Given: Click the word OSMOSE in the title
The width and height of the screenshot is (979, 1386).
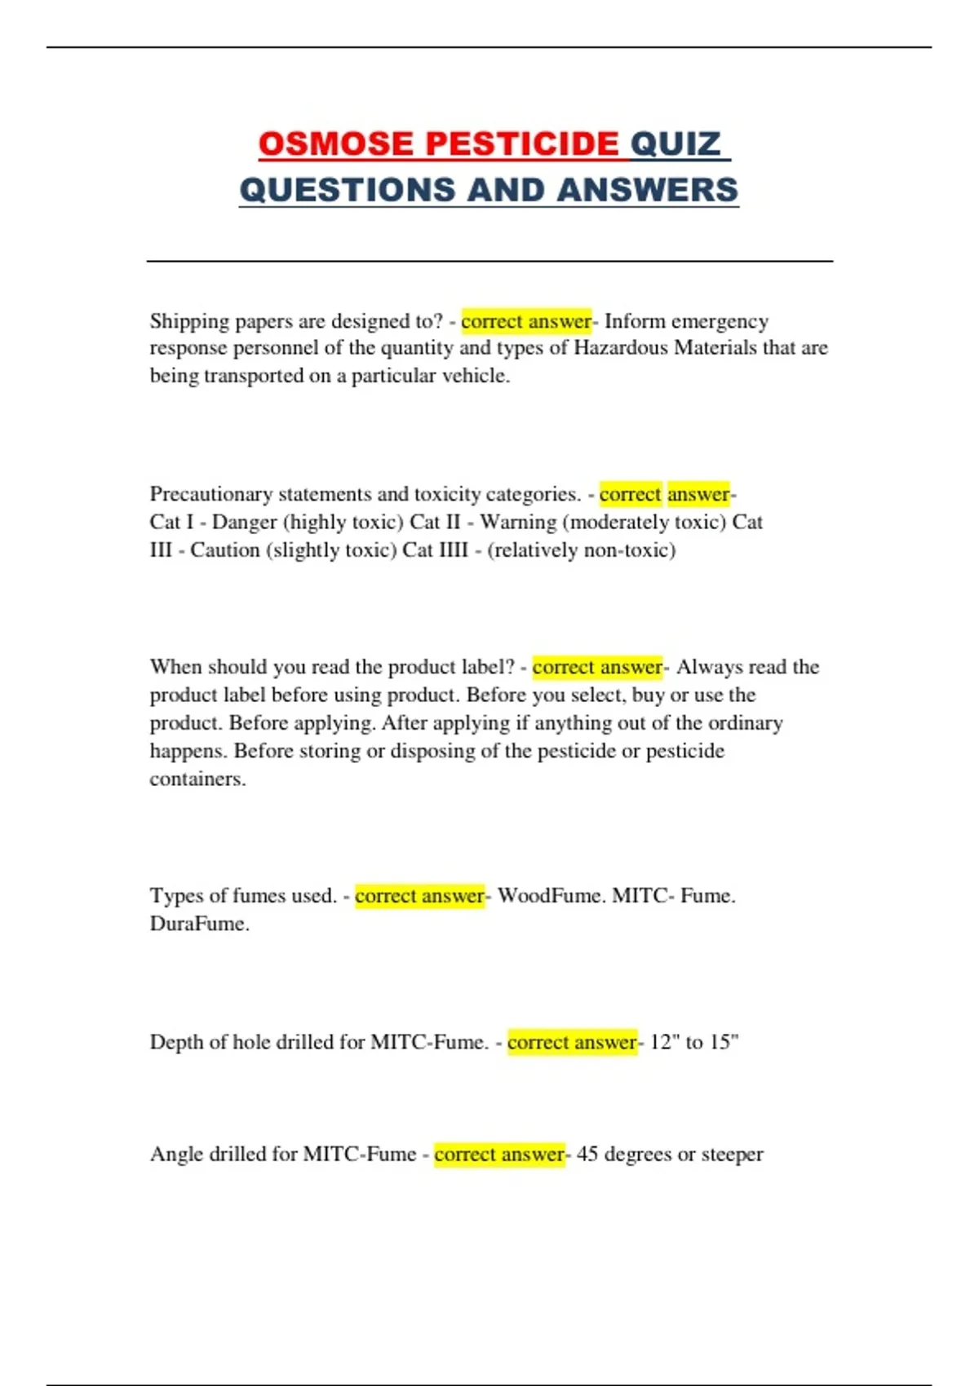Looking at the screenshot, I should (x=335, y=144).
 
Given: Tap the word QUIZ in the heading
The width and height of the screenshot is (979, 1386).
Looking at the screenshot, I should (x=676, y=144).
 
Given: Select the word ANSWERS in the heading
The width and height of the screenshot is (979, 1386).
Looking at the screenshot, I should (x=648, y=190).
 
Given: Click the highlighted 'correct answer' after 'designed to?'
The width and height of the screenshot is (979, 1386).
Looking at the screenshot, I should (x=526, y=321).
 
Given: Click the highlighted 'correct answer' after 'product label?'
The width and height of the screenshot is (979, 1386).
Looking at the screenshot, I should (x=597, y=667).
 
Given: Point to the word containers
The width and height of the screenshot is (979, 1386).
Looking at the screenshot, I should (x=197, y=779).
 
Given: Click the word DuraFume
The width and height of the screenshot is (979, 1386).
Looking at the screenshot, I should (x=198, y=924).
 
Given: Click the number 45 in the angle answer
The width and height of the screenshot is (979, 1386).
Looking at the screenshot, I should (x=587, y=1154).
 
